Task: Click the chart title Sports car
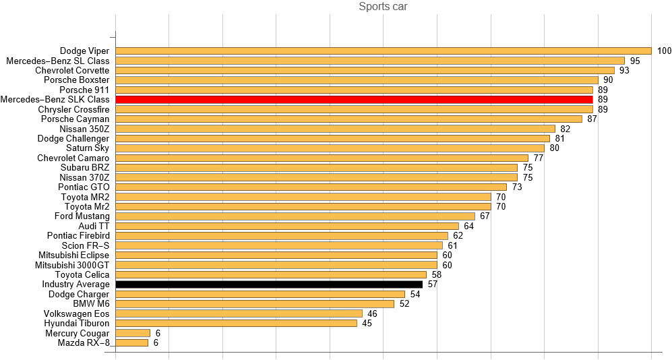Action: coord(383,7)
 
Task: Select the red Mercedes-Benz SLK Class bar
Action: coord(354,100)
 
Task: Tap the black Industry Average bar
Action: coord(269,284)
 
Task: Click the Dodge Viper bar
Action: coord(384,51)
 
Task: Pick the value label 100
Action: coord(664,51)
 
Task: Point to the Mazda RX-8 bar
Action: coord(132,343)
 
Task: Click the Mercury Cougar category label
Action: coord(77,333)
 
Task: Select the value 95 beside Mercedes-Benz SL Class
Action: coord(635,61)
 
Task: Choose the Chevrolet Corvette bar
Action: coord(365,70)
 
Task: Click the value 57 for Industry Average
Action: coord(433,284)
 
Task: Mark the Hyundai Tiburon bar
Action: coord(236,324)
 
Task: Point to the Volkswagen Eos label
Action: coord(76,313)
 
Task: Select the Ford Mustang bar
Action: coord(295,216)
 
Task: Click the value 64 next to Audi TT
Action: coord(469,226)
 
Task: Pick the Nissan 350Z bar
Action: coord(335,129)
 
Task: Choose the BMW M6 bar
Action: coord(255,304)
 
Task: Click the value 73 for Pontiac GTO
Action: coord(517,187)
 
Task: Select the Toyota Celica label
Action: coord(82,274)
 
